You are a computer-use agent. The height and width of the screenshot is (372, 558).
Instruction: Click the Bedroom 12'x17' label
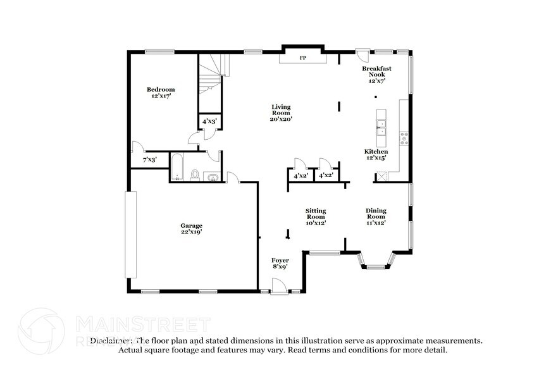click(x=161, y=92)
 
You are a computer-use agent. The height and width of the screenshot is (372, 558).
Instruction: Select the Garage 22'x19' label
click(x=191, y=229)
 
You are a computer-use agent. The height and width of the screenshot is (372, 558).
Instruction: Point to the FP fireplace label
click(x=303, y=58)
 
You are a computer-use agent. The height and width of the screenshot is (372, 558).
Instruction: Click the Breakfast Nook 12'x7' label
click(x=377, y=74)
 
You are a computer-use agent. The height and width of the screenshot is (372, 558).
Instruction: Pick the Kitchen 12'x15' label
click(x=376, y=155)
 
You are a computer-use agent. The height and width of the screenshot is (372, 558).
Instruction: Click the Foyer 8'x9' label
click(x=280, y=264)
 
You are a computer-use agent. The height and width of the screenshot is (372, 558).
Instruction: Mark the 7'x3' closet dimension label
click(x=149, y=160)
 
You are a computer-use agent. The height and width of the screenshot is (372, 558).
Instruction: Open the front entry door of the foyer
click(x=278, y=290)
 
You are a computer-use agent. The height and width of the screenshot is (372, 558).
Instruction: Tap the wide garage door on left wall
click(x=130, y=235)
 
